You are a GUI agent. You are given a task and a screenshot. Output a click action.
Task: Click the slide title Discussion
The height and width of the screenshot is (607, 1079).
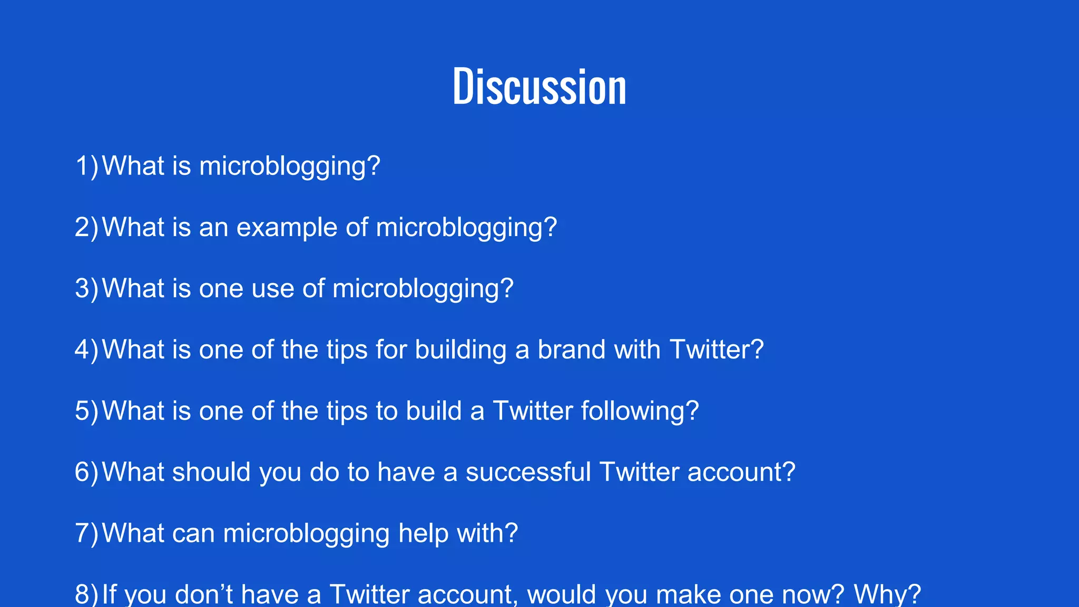[539, 86]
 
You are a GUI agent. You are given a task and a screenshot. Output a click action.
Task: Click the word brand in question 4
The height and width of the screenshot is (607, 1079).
[571, 350]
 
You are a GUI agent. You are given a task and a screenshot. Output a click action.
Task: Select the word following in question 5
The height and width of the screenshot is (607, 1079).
[635, 411]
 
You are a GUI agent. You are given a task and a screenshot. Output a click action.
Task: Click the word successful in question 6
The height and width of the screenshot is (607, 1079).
[528, 472]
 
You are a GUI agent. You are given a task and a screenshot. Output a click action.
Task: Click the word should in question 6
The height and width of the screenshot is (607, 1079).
[211, 472]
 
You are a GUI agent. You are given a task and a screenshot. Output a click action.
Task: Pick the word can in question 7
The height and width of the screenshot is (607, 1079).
[193, 533]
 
